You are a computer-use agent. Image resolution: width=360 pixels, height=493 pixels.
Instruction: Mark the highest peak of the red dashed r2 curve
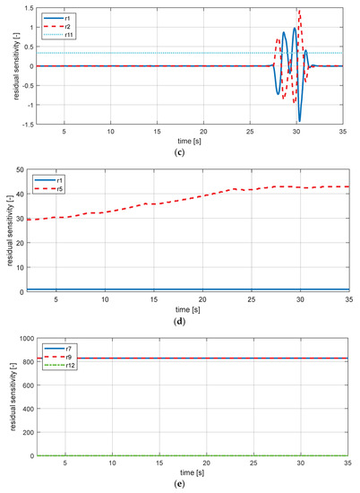pyautogui.click(x=298, y=10)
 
